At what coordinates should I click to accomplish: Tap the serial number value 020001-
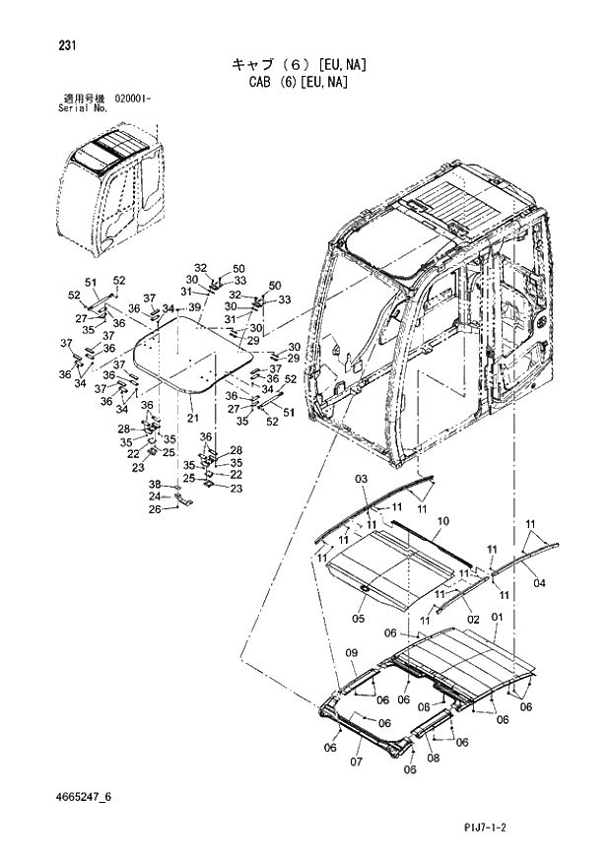(128, 99)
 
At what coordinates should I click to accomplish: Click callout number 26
(155, 508)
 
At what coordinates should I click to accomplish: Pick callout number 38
(155, 485)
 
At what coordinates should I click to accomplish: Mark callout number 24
(155, 496)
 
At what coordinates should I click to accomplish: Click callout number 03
(361, 479)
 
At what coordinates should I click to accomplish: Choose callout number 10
(442, 520)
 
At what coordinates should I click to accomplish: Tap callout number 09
(350, 653)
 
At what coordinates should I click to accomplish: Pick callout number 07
(358, 761)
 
